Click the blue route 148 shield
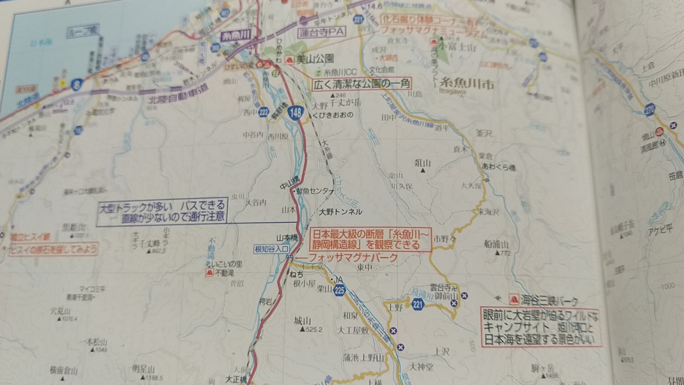tap(295, 113)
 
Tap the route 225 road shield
tap(340, 291)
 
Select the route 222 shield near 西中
tap(264, 113)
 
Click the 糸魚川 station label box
tap(236, 36)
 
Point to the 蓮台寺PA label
tap(322, 32)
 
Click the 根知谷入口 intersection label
tap(271, 249)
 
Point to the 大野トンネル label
tap(340, 212)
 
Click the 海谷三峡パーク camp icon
tap(513, 299)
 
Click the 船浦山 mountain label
tap(496, 245)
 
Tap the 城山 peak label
tap(302, 321)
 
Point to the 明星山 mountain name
tap(144, 369)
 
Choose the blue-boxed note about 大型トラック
tap(162, 212)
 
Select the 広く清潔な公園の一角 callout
tap(362, 84)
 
